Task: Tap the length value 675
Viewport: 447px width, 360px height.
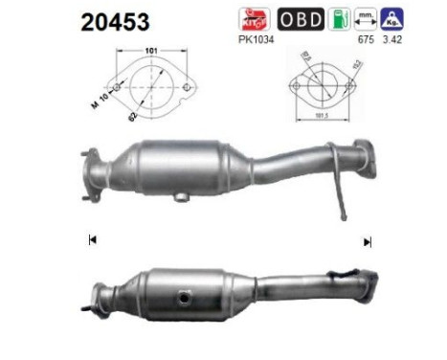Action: pos(364,39)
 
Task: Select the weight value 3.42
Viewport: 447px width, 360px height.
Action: pos(392,39)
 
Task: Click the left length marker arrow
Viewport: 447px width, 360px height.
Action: pos(92,240)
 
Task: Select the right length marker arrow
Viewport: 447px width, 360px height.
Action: pos(368,242)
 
